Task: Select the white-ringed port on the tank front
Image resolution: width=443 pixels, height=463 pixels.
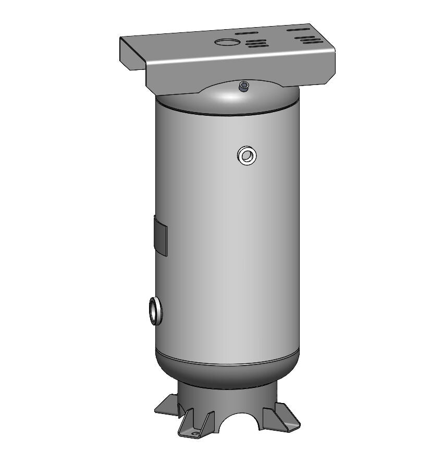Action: pos(247,155)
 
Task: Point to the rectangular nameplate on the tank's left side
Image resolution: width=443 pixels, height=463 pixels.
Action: pos(161,236)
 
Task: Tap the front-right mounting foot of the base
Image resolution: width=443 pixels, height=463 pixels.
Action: pos(281,417)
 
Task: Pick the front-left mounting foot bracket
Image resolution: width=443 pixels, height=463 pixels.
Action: pos(195,423)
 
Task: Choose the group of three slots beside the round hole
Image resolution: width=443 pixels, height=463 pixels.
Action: pos(256,44)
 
